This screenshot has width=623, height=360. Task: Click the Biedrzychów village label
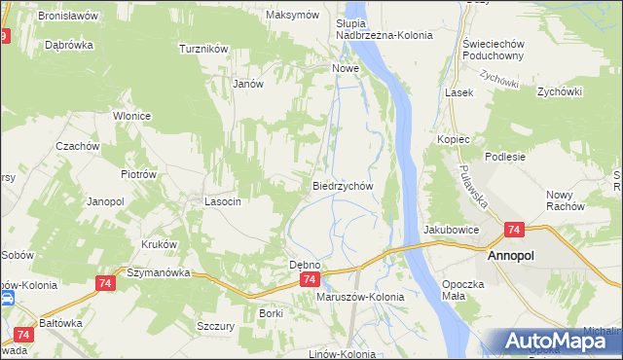(343, 185)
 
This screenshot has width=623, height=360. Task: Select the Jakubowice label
(451, 230)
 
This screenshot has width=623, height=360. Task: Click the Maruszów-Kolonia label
(360, 296)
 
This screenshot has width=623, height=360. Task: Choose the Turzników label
(202, 48)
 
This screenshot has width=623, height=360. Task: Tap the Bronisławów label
(69, 17)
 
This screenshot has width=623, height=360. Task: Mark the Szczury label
(215, 326)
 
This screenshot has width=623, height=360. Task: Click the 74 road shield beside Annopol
(515, 231)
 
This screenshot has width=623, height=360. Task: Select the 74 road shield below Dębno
(309, 279)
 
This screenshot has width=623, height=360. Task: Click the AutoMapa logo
(555, 342)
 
